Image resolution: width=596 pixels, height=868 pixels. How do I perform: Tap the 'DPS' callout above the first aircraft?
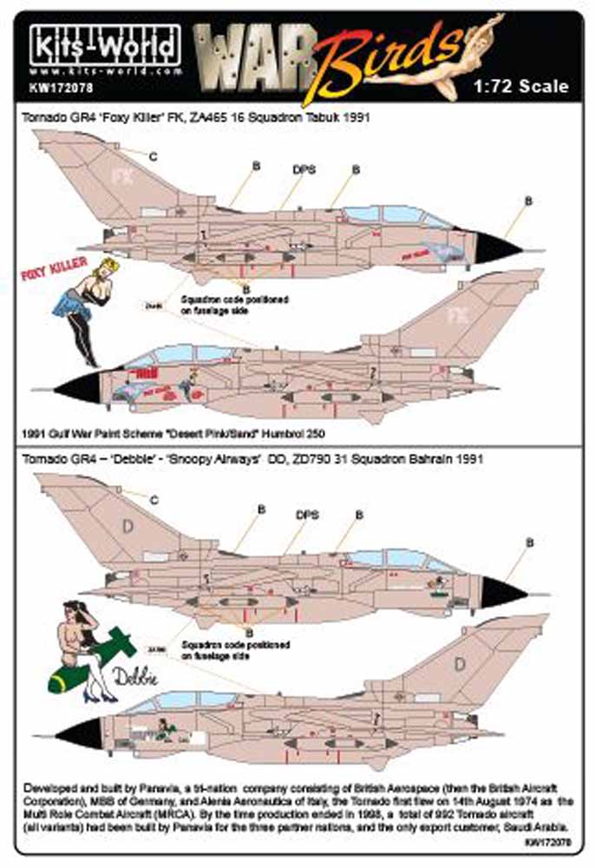(x=304, y=169)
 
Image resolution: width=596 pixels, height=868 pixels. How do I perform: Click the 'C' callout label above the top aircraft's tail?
(x=153, y=156)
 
